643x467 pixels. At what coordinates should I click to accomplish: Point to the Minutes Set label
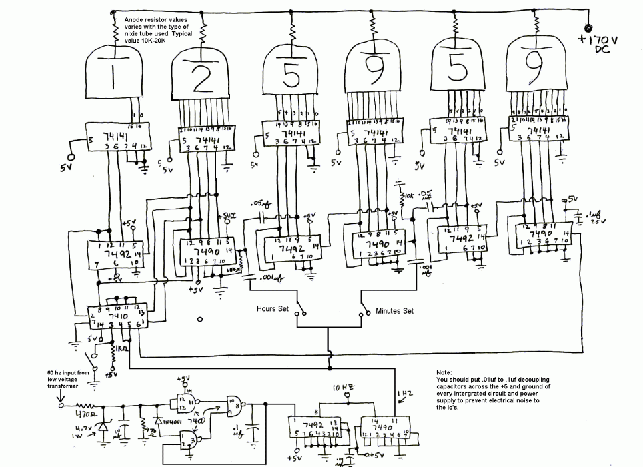coord(395,310)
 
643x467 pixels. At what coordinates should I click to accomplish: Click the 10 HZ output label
coord(346,387)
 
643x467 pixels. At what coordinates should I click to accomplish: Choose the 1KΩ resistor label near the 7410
coord(122,348)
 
